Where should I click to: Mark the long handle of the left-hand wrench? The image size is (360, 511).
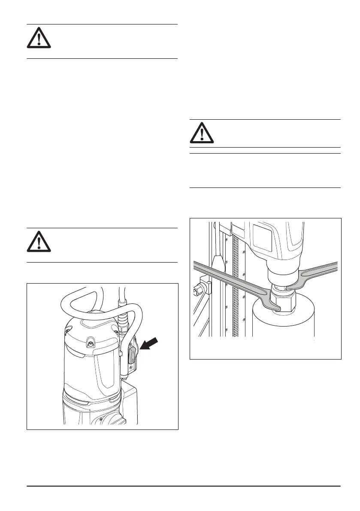click(227, 279)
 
